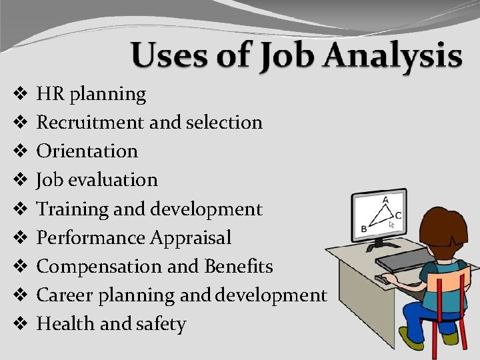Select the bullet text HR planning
91,95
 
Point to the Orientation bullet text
87,151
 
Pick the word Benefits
238,267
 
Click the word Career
62,295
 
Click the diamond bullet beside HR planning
20,95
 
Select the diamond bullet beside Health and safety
20,325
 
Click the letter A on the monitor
385,199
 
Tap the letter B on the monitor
365,228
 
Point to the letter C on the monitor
399,215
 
